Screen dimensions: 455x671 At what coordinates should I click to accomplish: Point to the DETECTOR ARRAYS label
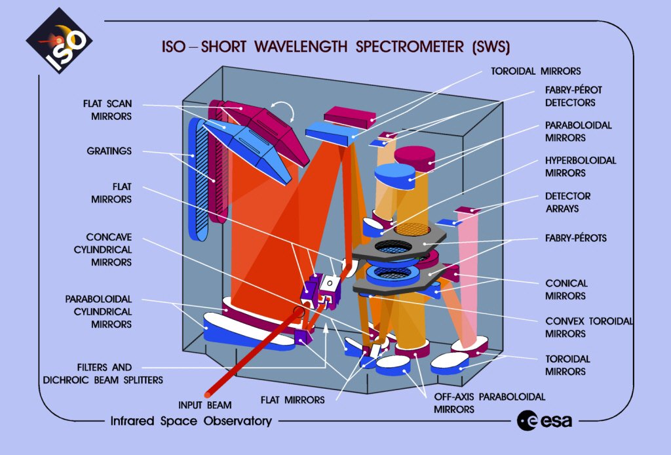[x=567, y=202]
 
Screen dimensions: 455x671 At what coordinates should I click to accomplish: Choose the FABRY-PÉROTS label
[x=576, y=238]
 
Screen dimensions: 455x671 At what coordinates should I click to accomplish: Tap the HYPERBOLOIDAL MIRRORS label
[x=581, y=167]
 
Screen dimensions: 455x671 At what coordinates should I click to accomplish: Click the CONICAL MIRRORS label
[x=566, y=290]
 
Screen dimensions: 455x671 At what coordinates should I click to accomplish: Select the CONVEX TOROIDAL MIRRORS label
[x=589, y=327]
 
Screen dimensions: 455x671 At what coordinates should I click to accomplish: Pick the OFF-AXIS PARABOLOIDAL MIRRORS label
[x=489, y=403]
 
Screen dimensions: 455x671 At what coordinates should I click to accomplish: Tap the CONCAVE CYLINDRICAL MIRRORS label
[x=108, y=249]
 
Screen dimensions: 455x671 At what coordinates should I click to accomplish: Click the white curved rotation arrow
[x=284, y=108]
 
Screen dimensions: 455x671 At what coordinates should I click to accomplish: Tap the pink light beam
[x=471, y=282]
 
